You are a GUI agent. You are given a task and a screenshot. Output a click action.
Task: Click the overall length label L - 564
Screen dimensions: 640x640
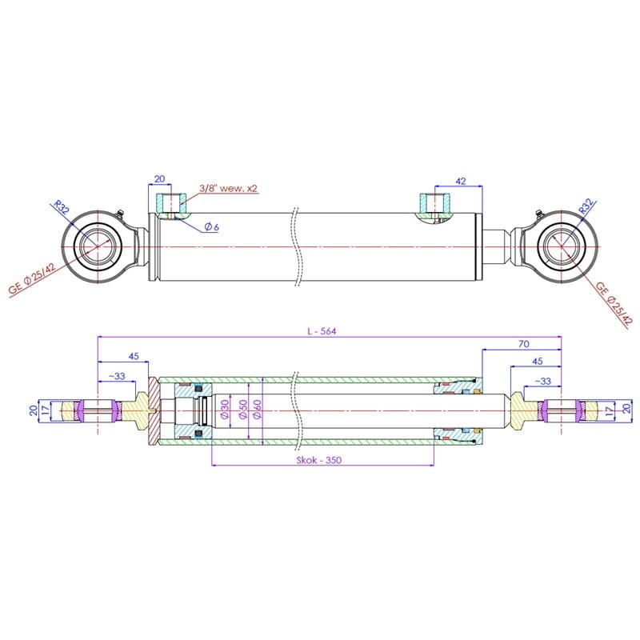tap(322, 331)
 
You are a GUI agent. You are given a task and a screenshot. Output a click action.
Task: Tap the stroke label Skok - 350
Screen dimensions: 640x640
tap(318, 460)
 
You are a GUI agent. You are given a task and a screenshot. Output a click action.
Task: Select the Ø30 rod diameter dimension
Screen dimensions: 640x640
tap(225, 410)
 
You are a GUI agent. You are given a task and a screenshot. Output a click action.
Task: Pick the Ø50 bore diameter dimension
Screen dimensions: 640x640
tap(243, 410)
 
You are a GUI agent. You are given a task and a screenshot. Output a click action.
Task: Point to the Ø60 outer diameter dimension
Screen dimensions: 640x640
tap(257, 410)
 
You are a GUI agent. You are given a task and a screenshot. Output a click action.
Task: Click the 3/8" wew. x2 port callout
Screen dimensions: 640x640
tap(229, 188)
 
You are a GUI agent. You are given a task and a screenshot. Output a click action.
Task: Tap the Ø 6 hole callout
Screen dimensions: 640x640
tap(211, 227)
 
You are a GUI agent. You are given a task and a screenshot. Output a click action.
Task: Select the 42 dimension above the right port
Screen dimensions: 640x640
tap(461, 181)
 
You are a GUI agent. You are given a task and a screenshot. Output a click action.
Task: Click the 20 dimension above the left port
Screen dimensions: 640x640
tap(159, 178)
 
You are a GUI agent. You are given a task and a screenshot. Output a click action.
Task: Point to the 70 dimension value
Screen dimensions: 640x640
tap(524, 344)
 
